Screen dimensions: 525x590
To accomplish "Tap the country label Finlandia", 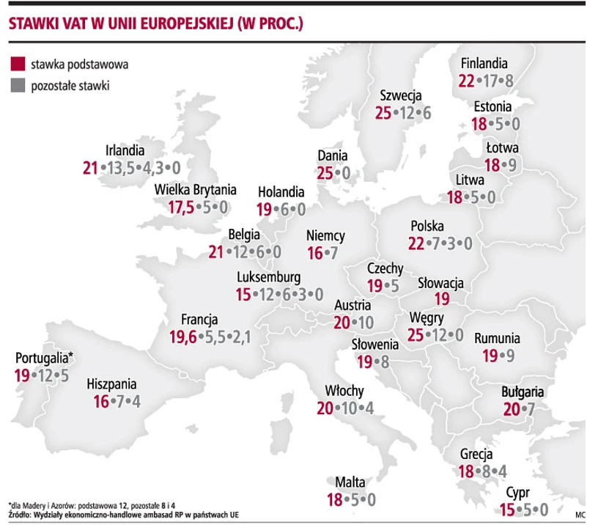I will pyautogui.click(x=484, y=65).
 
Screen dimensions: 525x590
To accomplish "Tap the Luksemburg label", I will pyautogui.click(x=270, y=278).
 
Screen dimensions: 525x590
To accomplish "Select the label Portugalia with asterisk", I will pyautogui.click(x=45, y=359).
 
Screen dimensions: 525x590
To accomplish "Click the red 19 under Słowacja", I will pyautogui.click(x=441, y=299).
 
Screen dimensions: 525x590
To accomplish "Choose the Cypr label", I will pyautogui.click(x=517, y=493).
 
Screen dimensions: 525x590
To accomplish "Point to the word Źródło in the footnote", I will pyautogui.click(x=20, y=516).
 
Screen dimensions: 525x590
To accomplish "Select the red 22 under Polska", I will pyautogui.click(x=416, y=243).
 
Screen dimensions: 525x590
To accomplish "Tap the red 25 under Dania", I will pyautogui.click(x=325, y=173).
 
